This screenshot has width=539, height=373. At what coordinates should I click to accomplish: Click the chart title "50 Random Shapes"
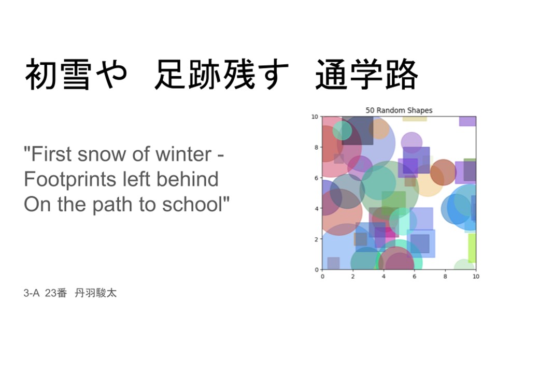click(399, 110)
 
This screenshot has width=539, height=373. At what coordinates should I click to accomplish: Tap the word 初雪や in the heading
click(76, 74)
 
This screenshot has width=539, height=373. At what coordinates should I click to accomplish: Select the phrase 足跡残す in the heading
click(221, 74)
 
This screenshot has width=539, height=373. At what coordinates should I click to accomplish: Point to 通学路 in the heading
click(366, 74)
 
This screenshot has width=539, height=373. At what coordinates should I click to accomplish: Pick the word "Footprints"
click(70, 179)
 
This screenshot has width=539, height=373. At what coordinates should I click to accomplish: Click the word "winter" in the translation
click(183, 154)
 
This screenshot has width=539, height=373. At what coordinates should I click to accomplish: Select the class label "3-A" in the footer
click(31, 293)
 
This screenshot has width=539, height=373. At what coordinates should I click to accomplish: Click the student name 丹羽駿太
click(95, 293)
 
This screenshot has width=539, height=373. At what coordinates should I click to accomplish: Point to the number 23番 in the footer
click(55, 293)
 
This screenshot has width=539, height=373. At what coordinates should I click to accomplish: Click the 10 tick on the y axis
click(315, 117)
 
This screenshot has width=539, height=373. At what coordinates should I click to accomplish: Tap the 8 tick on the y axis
click(316, 147)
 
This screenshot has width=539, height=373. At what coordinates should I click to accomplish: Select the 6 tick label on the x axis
click(414, 276)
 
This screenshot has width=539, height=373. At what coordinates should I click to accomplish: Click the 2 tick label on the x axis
click(353, 276)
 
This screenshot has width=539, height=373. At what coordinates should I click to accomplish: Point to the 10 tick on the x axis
click(476, 276)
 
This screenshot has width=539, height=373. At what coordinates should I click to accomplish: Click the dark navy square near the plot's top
click(358, 131)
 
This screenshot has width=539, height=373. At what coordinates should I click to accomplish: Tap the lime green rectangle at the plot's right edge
click(472, 248)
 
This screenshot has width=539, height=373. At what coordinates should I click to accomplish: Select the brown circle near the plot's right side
click(443, 172)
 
